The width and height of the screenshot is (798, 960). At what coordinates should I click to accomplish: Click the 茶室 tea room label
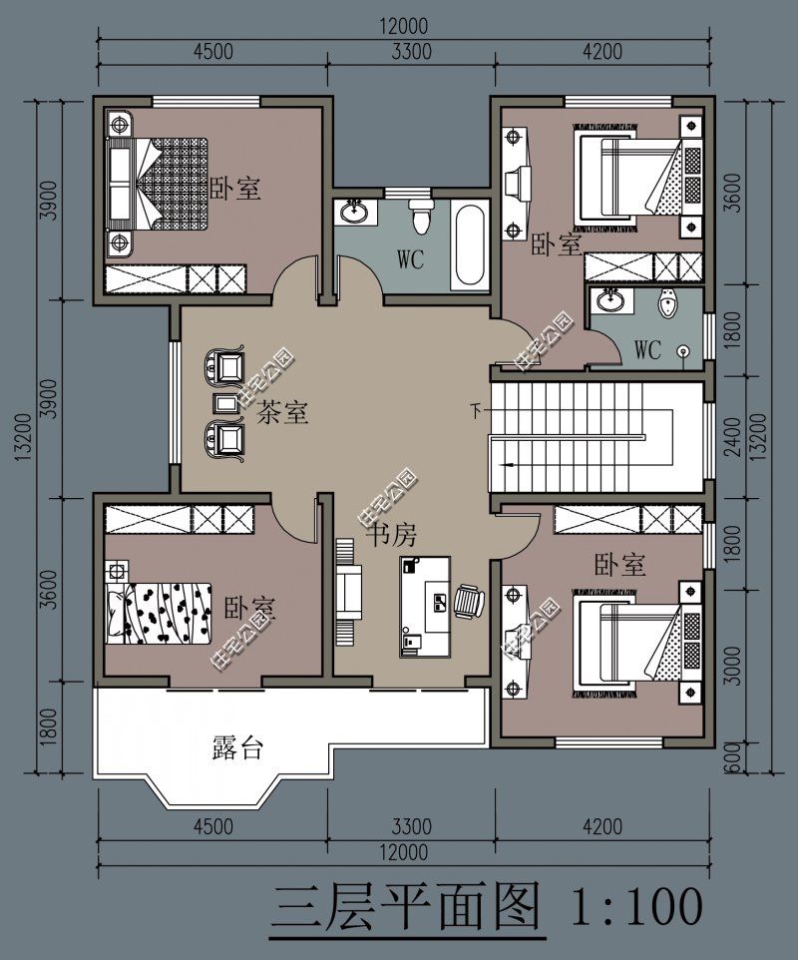[x=282, y=411]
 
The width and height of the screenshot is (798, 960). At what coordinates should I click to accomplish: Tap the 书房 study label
[x=392, y=535]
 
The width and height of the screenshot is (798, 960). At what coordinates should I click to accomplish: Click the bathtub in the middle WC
[x=470, y=244]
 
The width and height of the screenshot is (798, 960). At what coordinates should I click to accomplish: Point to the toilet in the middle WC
[x=420, y=216]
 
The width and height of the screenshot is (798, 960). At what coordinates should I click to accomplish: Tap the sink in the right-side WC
[x=609, y=299]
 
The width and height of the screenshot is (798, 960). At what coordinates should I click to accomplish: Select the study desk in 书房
[x=425, y=607]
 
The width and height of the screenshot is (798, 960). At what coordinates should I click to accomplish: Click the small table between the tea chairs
[x=225, y=403]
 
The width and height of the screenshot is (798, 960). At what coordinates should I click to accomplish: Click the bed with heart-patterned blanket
[x=159, y=614]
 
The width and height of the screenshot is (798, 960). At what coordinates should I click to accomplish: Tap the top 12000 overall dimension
[x=403, y=27]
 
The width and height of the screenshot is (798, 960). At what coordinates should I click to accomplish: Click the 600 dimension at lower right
[x=735, y=758]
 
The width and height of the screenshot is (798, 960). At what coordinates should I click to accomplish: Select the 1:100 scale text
[x=636, y=906]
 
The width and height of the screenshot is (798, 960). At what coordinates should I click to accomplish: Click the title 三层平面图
[x=406, y=907]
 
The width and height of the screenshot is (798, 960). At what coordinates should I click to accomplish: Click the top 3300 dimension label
[x=411, y=52]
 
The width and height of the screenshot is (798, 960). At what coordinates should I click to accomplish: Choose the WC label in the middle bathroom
[x=410, y=259]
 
